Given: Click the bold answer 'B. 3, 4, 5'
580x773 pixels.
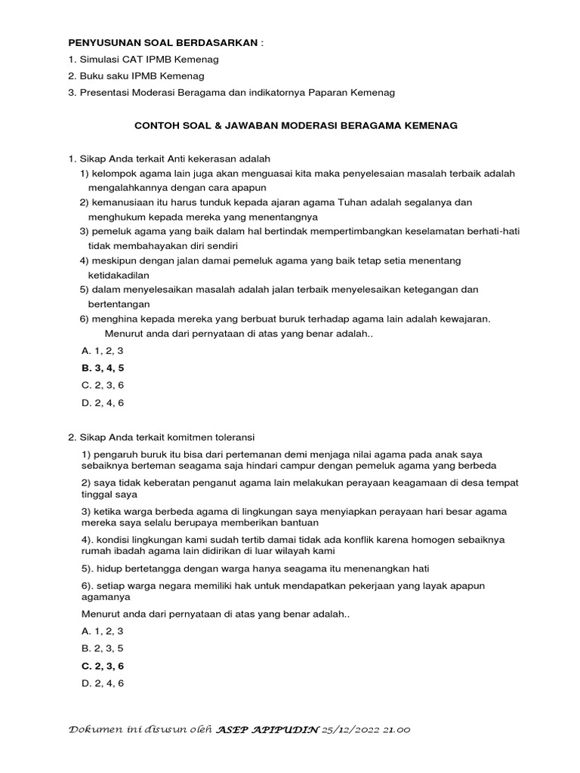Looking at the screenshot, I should [102, 368].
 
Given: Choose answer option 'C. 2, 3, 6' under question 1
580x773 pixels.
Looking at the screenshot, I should [102, 385].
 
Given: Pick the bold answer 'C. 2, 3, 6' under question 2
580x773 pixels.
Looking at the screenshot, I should [102, 666].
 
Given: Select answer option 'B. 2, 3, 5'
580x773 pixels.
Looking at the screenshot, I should [102, 648].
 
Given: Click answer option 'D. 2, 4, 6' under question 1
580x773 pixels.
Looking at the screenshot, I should [102, 402].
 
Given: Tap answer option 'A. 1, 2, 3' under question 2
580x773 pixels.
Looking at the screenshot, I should [102, 631].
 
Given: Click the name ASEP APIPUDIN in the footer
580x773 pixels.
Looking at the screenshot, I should [267, 731].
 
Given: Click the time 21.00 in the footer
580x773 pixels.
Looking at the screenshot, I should [397, 731].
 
